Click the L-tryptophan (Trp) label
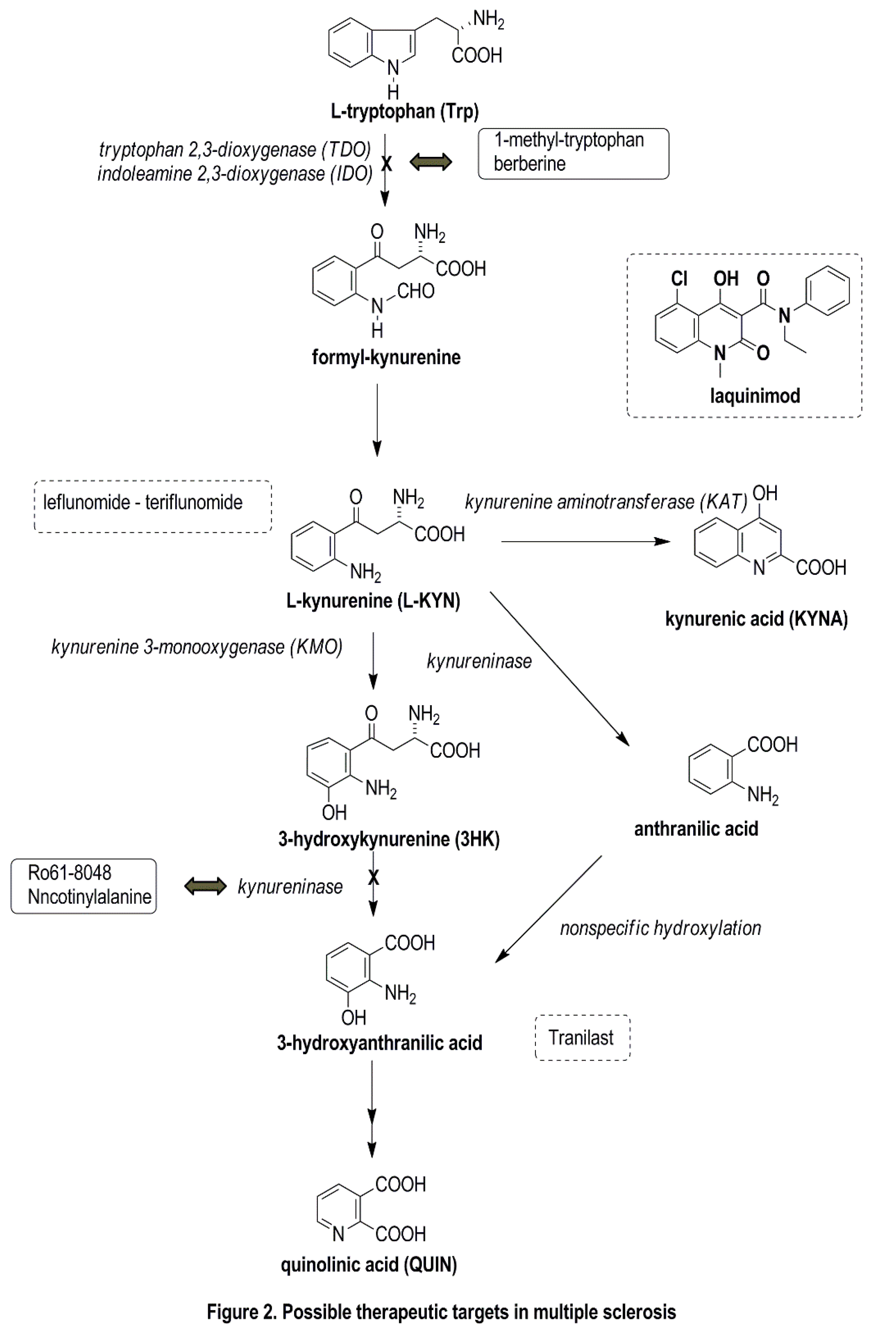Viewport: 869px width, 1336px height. coord(404,111)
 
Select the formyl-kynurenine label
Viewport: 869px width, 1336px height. coord(386,357)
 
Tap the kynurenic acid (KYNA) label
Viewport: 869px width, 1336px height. coord(756,618)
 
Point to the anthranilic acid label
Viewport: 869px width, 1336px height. coord(696,829)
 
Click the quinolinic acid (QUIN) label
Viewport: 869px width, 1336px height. coord(369,1265)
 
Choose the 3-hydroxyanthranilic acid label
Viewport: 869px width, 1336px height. coord(379,1042)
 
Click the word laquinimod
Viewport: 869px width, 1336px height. coord(755,396)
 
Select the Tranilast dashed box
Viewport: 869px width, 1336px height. coord(582,1037)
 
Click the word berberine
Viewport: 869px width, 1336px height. coord(529,164)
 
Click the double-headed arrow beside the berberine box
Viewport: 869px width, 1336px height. coord(430,163)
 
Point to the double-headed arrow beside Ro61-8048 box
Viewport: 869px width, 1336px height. coord(205,886)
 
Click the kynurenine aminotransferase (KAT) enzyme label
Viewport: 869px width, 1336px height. coord(606,501)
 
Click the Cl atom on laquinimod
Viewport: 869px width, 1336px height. coord(679,278)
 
